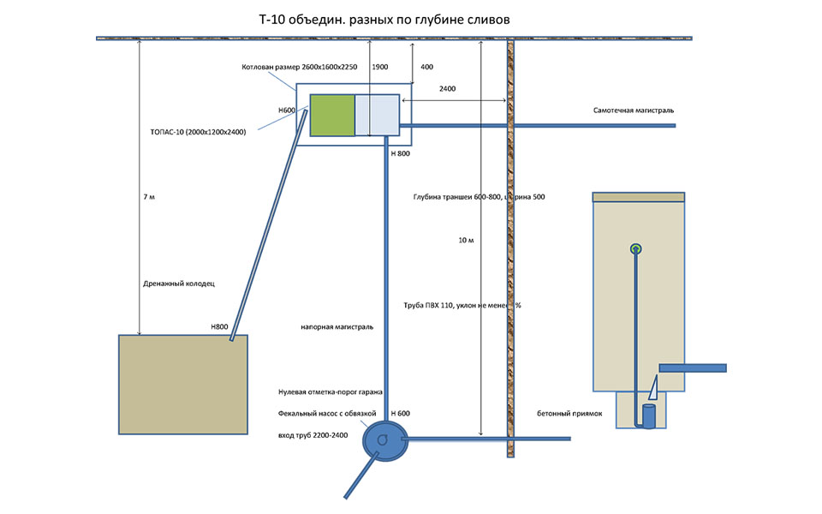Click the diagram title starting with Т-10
(389, 18)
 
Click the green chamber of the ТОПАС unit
(331, 114)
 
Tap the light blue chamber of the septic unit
(377, 114)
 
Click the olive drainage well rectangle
(183, 384)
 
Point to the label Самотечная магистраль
(634, 111)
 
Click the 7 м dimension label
(150, 197)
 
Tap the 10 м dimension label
(466, 240)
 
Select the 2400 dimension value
(447, 88)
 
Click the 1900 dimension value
(380, 67)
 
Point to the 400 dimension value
(426, 67)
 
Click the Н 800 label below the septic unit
(400, 153)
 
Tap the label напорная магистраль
(337, 326)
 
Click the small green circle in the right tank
(635, 248)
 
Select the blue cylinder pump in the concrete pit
(649, 416)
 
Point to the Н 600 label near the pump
(400, 414)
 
